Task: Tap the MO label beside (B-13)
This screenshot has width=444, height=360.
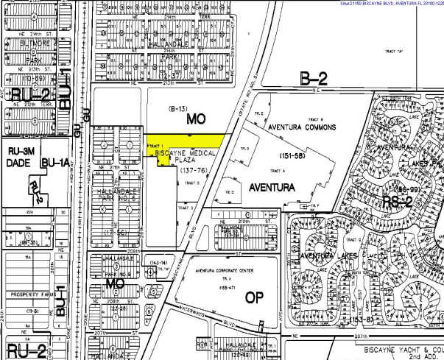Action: click(195, 118)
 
